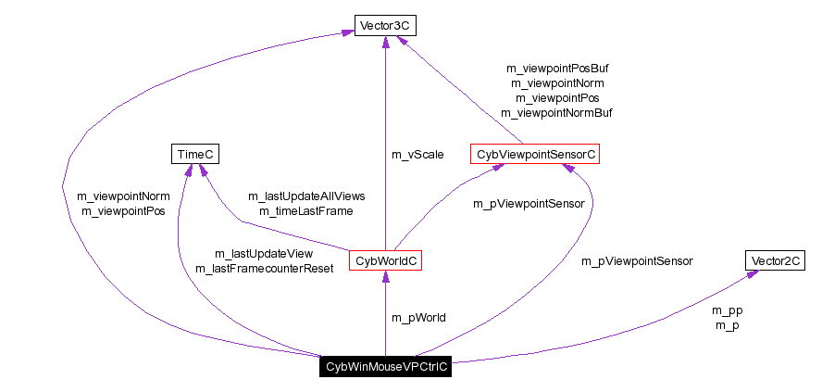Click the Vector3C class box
pyautogui.click(x=384, y=25)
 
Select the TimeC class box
pyautogui.click(x=195, y=154)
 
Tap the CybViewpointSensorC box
pyautogui.click(x=535, y=154)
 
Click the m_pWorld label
pyautogui.click(x=418, y=318)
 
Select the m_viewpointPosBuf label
pyautogui.click(x=557, y=68)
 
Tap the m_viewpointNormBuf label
pyautogui.click(x=557, y=112)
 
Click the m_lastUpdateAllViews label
pyautogui.click(x=306, y=196)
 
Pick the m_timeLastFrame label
pyautogui.click(x=306, y=211)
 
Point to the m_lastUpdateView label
pyautogui.click(x=264, y=254)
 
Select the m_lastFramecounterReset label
pyautogui.click(x=264, y=269)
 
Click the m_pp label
pyautogui.click(x=728, y=310)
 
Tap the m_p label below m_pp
pyautogui.click(x=728, y=325)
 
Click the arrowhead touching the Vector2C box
pyautogui.click(x=752, y=274)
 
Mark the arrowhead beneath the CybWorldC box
pyautogui.click(x=386, y=277)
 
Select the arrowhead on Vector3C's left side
pyautogui.click(x=347, y=32)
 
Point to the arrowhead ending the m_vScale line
pyautogui.click(x=385, y=43)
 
